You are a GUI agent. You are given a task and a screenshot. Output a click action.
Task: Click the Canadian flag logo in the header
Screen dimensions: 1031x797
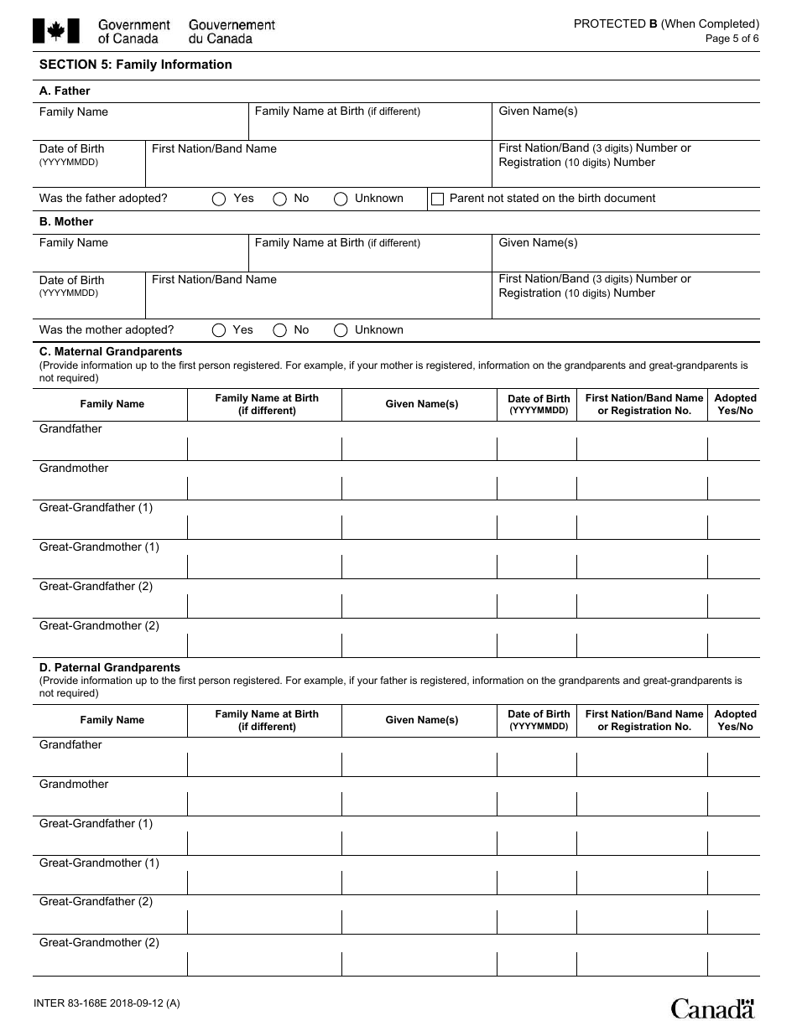(x=56, y=31)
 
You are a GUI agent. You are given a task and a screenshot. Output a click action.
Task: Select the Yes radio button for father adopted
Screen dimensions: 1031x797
(x=219, y=199)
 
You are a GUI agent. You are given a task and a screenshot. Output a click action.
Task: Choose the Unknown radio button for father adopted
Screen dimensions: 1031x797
(x=341, y=199)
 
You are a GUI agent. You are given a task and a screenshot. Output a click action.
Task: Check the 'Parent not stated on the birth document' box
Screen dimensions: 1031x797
(x=437, y=199)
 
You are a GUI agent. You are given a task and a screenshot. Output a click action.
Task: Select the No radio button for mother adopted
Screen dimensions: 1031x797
(x=280, y=330)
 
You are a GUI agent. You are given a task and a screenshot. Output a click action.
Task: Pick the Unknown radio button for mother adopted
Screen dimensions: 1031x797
(x=341, y=330)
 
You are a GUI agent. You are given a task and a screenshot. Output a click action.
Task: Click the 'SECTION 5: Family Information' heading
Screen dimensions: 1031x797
(x=136, y=65)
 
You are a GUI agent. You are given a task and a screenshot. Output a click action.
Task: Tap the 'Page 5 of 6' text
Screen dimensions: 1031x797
(x=732, y=39)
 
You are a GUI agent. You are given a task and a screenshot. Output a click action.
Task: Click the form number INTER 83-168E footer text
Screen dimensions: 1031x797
(x=106, y=1003)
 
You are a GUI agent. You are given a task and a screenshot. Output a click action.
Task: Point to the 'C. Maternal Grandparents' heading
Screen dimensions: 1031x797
(x=111, y=351)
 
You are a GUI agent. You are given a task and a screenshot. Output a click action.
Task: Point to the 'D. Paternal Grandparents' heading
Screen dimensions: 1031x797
(x=110, y=667)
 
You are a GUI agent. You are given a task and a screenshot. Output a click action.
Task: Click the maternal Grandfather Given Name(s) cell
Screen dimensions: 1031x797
(x=419, y=448)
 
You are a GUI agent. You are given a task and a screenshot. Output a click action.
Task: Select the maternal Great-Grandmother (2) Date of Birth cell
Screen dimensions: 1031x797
(x=537, y=645)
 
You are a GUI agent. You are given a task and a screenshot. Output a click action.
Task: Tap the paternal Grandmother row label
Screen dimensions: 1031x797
(x=74, y=785)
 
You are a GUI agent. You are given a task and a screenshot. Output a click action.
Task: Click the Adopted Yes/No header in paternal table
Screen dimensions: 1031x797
(x=735, y=720)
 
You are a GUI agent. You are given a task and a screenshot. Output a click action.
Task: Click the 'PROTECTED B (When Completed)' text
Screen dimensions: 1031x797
(x=666, y=23)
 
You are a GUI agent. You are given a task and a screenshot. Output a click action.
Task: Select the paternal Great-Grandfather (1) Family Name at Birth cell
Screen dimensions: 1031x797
(x=264, y=842)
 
